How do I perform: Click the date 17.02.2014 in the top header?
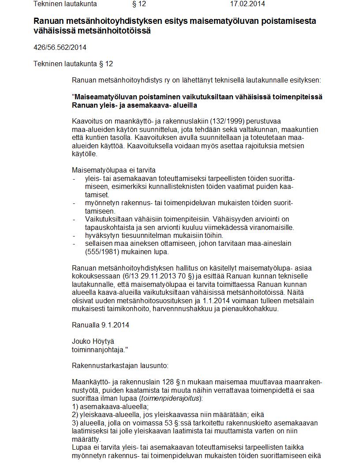[x=247, y=4]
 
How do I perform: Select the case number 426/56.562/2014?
[x=60, y=48]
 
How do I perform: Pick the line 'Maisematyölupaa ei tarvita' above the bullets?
[x=114, y=170]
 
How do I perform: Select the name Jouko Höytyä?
[x=93, y=341]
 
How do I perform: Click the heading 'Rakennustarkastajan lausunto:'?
[x=120, y=365]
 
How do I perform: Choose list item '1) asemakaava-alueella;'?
[x=110, y=406]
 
